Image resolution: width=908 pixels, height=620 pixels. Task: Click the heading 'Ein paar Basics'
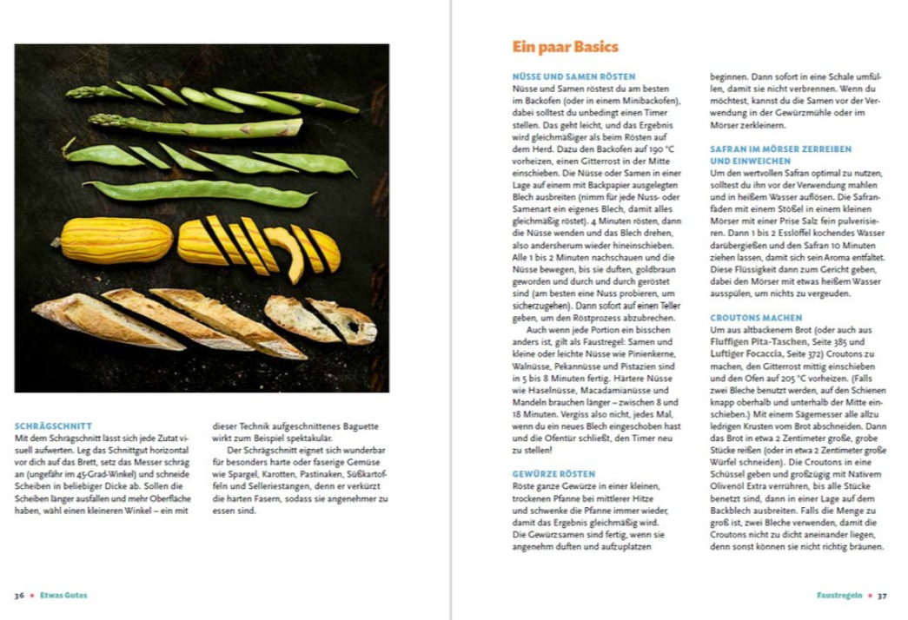tap(565, 47)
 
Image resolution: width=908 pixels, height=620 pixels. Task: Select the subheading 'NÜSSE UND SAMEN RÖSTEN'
tap(573, 76)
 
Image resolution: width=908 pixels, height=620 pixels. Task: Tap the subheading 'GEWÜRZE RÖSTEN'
tap(553, 474)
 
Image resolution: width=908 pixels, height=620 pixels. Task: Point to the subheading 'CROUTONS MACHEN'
tap(756, 319)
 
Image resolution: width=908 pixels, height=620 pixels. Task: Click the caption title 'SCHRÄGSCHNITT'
tap(53, 426)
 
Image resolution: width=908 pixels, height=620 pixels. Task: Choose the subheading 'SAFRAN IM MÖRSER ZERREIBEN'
tap(781, 149)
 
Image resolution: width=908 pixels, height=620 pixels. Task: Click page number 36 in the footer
tap(19, 596)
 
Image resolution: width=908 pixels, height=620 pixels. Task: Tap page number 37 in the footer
tap(882, 596)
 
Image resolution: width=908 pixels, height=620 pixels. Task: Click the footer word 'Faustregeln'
tap(838, 596)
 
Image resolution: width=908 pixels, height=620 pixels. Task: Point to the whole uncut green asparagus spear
tap(196, 126)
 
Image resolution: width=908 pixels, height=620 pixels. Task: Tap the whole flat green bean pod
tap(200, 191)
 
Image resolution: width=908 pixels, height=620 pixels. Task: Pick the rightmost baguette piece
tap(345, 321)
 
